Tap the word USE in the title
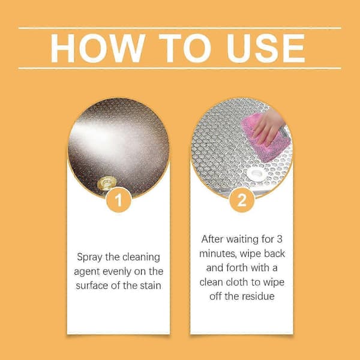tap(266, 48)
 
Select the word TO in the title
tap(185, 48)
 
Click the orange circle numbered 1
tap(119, 200)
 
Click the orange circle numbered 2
tap(242, 200)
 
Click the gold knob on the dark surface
tap(107, 183)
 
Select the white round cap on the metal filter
tap(256, 173)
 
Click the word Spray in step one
tap(89, 257)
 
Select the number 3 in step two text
tap(280, 239)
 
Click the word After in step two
tap(212, 239)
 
